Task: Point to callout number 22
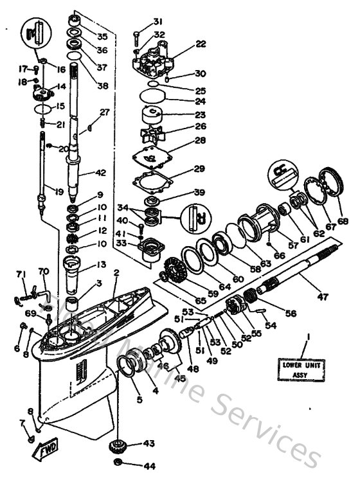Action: [x=201, y=44]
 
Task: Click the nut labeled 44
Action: [x=118, y=463]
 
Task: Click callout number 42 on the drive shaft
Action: [x=99, y=172]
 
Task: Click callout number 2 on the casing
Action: [x=116, y=272]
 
